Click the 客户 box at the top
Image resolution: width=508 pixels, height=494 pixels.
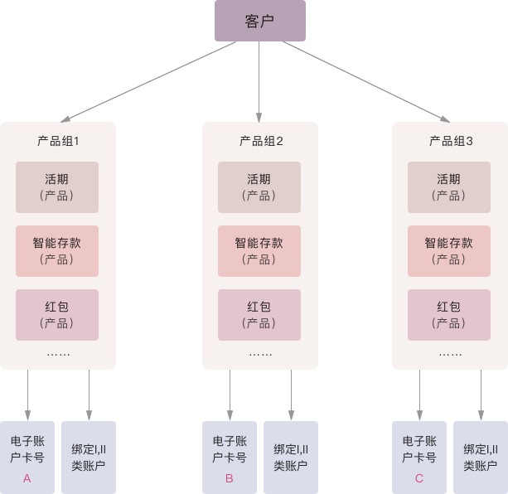pos(260,21)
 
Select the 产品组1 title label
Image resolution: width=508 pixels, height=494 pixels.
pos(58,141)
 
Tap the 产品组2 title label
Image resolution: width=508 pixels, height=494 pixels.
pos(260,141)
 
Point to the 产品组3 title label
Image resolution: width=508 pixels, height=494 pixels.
pos(450,141)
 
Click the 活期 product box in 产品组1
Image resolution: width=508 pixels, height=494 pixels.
pos(57,187)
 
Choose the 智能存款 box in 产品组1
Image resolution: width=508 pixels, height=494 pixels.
pos(57,250)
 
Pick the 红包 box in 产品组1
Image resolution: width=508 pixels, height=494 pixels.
pos(57,314)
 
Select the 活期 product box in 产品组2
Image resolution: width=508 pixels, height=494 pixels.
pos(259,187)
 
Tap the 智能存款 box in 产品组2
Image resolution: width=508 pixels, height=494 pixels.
pos(259,250)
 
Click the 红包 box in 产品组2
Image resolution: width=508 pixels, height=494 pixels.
pos(259,314)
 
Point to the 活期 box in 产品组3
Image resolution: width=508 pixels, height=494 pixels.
pos(449,187)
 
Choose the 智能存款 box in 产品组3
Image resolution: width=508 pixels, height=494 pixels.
pos(449,250)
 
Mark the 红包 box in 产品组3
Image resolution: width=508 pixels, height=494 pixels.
pos(449,314)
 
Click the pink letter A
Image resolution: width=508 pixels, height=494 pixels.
pos(27,478)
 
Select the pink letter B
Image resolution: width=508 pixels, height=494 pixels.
pos(229,478)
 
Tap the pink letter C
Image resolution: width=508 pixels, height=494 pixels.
pos(418,478)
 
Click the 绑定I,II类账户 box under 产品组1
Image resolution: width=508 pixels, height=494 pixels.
pos(89,458)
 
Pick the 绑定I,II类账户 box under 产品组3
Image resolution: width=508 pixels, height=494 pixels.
pos(481,458)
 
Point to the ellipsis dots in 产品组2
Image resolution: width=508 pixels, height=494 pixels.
pos(260,354)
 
